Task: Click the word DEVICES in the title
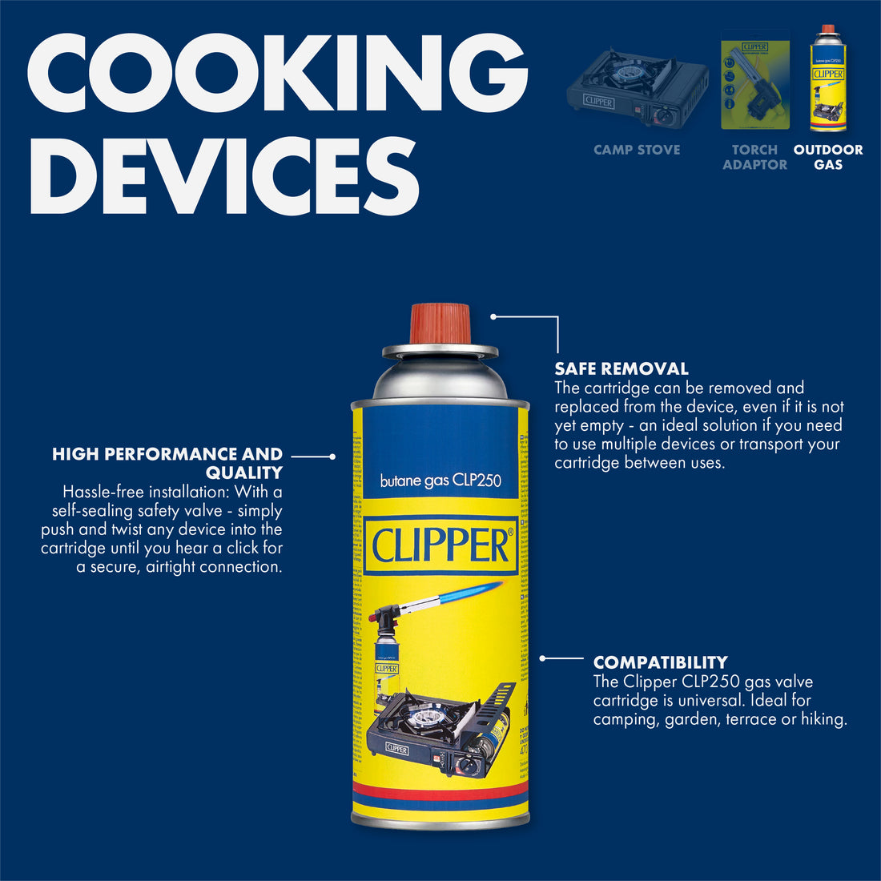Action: click(x=225, y=175)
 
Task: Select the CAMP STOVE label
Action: click(x=637, y=150)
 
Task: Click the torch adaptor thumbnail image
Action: click(x=754, y=81)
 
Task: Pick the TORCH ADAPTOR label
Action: click(x=754, y=157)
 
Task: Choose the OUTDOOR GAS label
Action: click(x=828, y=157)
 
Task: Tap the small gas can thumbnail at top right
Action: click(x=828, y=78)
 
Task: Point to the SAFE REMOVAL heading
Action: click(x=622, y=369)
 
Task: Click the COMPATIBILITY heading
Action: click(x=660, y=662)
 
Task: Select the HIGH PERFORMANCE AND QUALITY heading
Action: click(x=167, y=463)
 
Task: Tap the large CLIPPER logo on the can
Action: click(x=440, y=546)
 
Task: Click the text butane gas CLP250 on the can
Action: click(x=440, y=481)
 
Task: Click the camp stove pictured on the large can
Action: click(x=432, y=725)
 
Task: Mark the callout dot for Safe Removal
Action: click(x=493, y=316)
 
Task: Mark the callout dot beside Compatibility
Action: click(x=542, y=658)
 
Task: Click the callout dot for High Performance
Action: click(x=332, y=457)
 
